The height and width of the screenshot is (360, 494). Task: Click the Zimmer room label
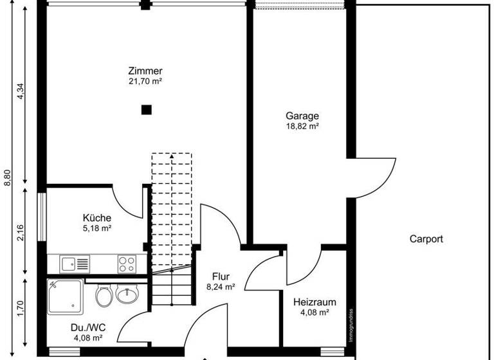point(145,71)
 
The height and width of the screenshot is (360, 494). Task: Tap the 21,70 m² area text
point(145,82)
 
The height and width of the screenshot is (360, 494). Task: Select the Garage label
point(302,116)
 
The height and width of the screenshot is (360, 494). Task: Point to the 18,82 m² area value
point(302,127)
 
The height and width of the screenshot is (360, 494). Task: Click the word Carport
point(426,239)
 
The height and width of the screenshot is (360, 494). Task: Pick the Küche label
point(97,217)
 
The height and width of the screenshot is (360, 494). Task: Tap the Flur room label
point(221,277)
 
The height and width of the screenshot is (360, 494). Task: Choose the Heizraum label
point(315,301)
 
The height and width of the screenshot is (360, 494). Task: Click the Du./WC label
point(89,327)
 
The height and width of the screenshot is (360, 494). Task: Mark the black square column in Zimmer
point(147,109)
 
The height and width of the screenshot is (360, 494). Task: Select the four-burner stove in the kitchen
point(126,263)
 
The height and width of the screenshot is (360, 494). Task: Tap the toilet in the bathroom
point(104,295)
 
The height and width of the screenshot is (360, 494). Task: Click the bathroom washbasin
point(128,295)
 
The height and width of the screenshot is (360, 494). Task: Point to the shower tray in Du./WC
point(65,296)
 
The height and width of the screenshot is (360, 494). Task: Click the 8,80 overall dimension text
point(8,177)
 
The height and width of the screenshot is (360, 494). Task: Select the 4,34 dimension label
point(21,92)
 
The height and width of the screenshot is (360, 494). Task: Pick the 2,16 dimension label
point(21,232)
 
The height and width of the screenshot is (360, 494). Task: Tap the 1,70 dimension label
point(21,311)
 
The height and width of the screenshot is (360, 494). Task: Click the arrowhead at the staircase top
point(172,156)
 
